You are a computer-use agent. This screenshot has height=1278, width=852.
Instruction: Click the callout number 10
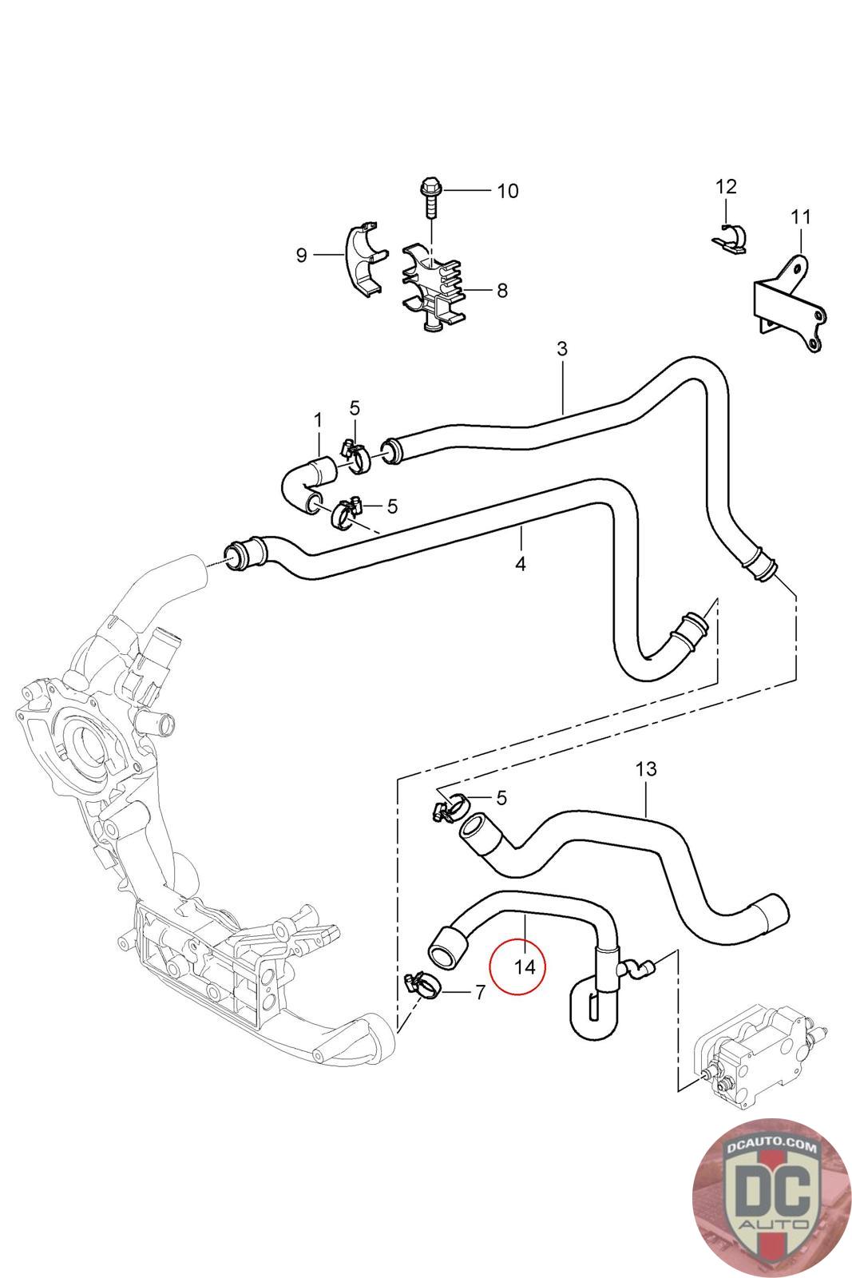point(507,191)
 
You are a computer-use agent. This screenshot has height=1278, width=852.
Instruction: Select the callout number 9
point(301,255)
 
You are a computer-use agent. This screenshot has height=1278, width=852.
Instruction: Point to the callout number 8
point(501,290)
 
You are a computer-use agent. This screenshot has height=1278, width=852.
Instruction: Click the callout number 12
point(726,186)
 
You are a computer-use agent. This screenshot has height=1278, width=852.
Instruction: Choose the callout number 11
point(800,216)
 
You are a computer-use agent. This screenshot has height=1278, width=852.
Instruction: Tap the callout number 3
point(562,349)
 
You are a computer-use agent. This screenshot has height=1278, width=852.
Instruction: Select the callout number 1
point(318,419)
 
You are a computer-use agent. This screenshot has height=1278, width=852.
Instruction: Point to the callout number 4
point(521,563)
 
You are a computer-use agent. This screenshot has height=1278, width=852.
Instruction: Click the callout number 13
point(646,769)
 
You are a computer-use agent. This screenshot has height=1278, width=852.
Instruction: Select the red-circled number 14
point(525,966)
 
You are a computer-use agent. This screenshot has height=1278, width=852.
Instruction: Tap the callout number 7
point(480,992)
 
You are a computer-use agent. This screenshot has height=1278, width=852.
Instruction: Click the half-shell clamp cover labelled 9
point(362,260)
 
